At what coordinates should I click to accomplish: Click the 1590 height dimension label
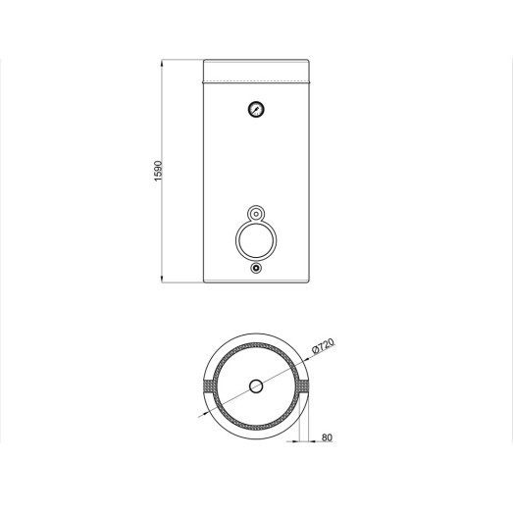point(158,171)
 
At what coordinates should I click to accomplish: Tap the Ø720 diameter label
point(324,346)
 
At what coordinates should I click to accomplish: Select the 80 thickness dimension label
point(327,437)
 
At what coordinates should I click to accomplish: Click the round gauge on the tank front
point(256,109)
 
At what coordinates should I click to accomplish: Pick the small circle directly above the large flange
point(256,214)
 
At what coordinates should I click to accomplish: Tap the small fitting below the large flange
point(256,268)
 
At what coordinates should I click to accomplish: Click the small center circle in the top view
point(256,386)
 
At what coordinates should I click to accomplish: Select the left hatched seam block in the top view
point(208,386)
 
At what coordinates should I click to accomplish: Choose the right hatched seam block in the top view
point(304,386)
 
